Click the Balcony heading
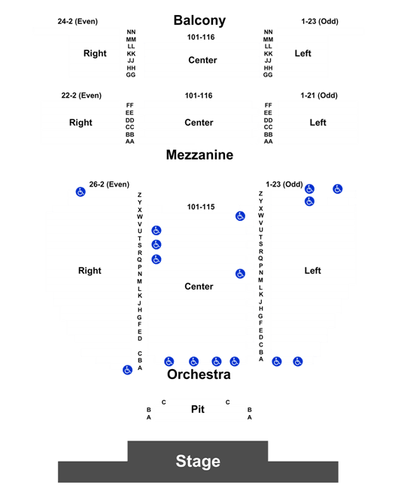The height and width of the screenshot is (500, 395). point(199,20)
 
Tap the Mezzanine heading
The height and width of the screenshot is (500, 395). point(199,155)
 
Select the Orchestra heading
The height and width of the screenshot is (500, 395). point(199,374)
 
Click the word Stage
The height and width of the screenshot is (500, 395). point(198,462)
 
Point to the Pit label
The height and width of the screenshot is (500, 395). point(198,409)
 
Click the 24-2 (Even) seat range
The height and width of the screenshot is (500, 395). point(77,21)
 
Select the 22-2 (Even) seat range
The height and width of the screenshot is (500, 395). point(81,95)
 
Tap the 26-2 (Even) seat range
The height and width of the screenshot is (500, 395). point(109,184)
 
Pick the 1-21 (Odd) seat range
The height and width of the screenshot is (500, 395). point(319,95)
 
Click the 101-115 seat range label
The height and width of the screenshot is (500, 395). point(201,207)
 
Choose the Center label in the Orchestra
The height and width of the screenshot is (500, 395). point(199,286)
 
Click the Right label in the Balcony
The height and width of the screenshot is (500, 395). point(95,53)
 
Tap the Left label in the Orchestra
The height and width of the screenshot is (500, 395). point(313,271)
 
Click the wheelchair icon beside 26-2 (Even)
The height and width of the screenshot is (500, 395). point(81,192)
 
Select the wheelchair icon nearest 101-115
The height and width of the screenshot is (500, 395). point(240,217)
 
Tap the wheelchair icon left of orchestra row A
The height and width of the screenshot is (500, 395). point(128,370)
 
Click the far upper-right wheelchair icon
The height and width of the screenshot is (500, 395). point(338,189)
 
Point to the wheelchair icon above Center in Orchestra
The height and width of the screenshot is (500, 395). point(240,274)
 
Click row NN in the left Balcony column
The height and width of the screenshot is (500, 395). point(131,32)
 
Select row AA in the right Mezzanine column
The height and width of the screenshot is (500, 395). point(269,141)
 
